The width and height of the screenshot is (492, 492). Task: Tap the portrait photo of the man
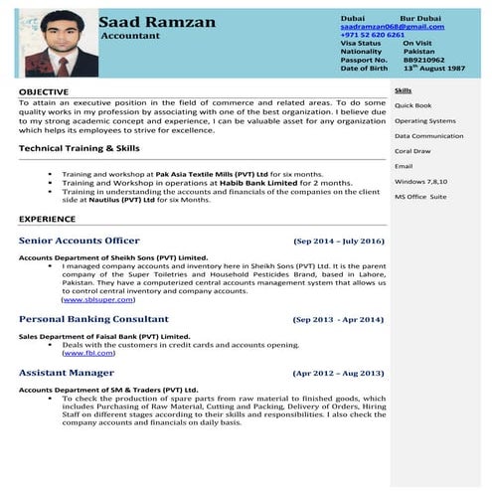coord(62,45)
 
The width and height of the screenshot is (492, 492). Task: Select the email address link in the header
coord(386,27)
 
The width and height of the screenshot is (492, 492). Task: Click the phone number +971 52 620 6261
coord(372,35)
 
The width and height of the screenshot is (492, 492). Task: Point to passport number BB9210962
coord(423,60)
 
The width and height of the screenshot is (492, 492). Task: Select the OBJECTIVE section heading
coord(44,91)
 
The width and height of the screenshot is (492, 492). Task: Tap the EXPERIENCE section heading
coord(47,218)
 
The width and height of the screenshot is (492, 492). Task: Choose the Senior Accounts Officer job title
coord(80,241)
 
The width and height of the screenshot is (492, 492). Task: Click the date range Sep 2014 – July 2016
coord(338,242)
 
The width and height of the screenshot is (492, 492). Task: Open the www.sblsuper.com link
coord(99,298)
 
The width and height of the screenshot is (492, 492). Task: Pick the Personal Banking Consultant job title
coord(93,319)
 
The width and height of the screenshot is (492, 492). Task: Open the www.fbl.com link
coord(88,353)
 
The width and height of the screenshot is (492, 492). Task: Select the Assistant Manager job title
coord(66,373)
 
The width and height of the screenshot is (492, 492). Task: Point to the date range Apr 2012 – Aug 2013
coord(338,374)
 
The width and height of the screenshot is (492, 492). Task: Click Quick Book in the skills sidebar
coord(412,105)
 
